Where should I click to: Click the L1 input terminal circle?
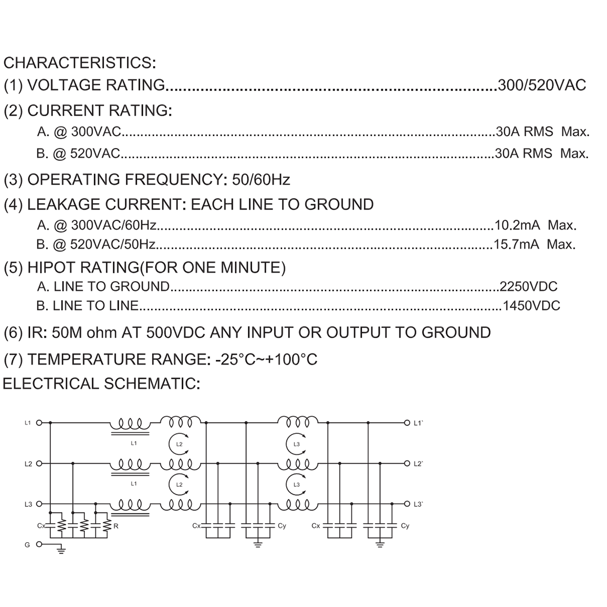coord(39,422)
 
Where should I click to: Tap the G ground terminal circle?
coord(39,544)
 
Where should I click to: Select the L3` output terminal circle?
coord(407,504)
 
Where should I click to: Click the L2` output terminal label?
coord(418,464)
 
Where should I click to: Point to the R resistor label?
coord(116,526)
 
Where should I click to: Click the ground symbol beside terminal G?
coord(61,550)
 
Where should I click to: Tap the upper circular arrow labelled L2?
coord(178,444)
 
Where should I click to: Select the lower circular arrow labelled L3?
coord(296,485)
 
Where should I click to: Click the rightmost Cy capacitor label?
coord(405,526)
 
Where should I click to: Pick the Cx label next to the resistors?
coord(42,526)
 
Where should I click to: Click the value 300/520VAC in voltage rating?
coord(542,85)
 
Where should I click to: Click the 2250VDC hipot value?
coord(528,286)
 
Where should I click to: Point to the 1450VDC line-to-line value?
coord(531,306)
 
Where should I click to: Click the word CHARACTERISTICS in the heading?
coord(78,63)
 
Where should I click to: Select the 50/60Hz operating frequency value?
coord(261,179)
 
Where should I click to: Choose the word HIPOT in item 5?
coord(52,267)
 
